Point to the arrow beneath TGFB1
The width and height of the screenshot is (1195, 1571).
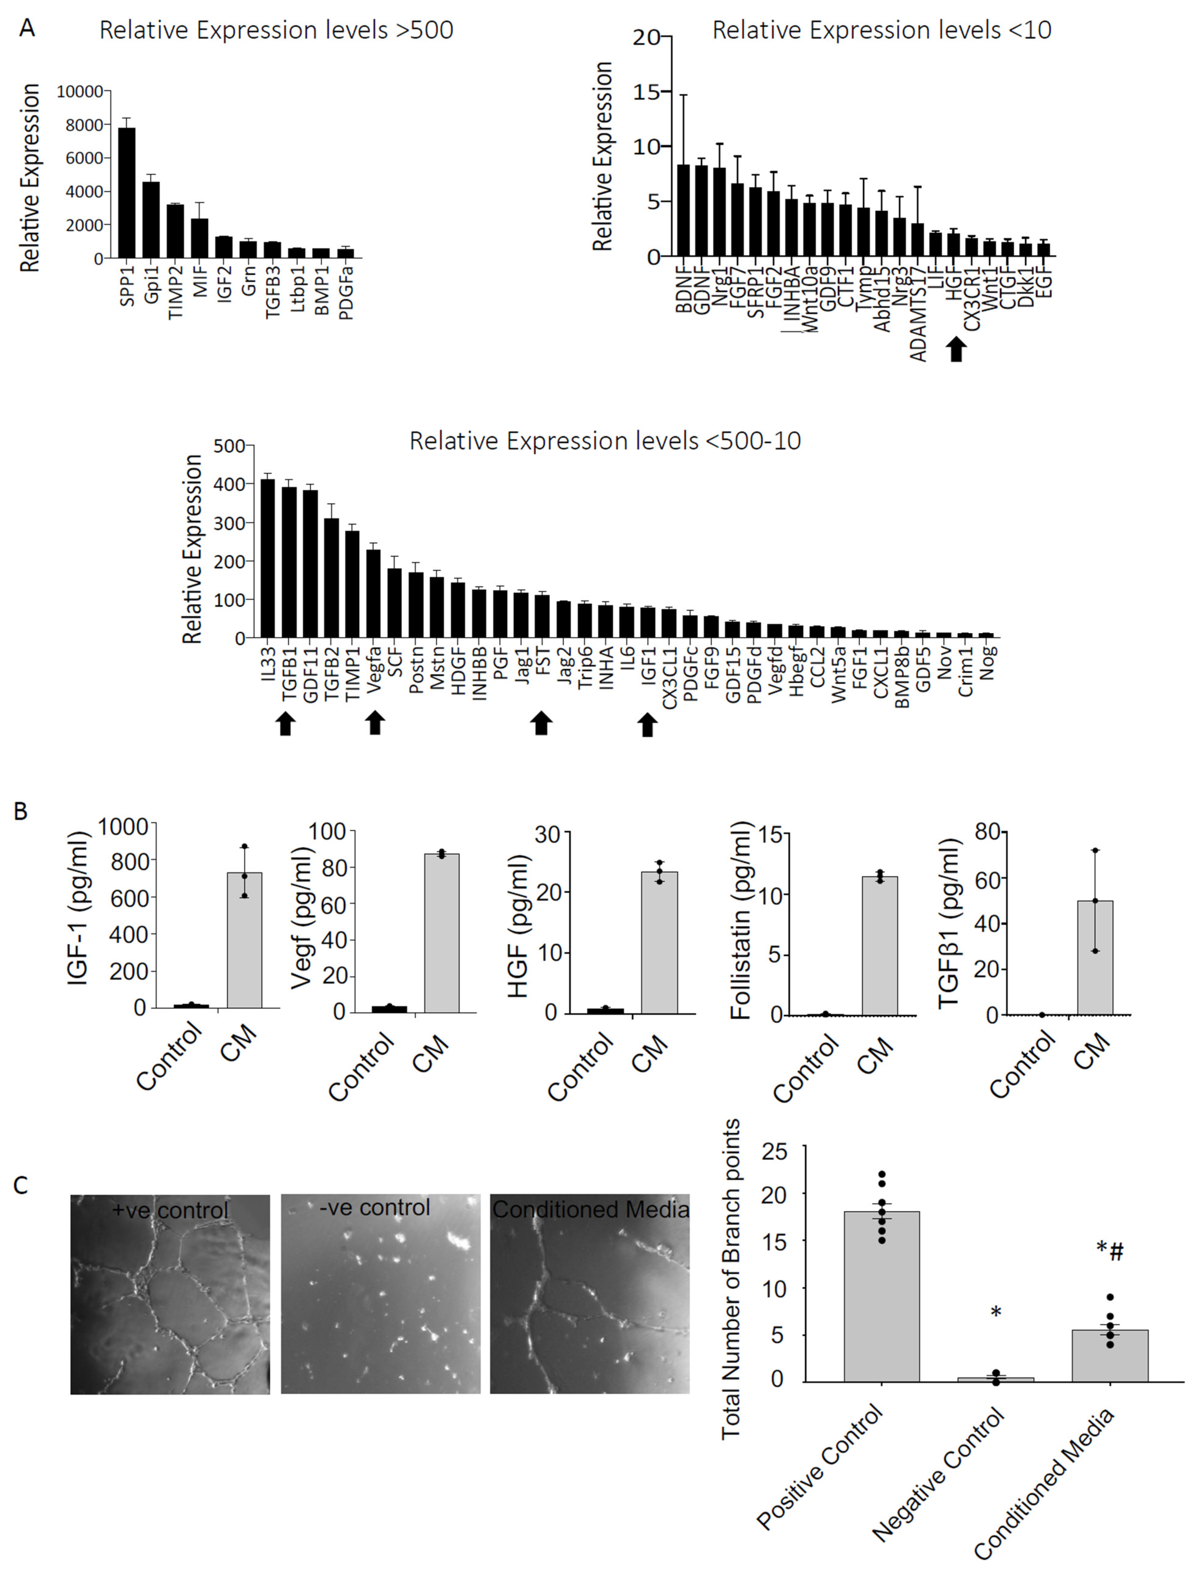tap(286, 724)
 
